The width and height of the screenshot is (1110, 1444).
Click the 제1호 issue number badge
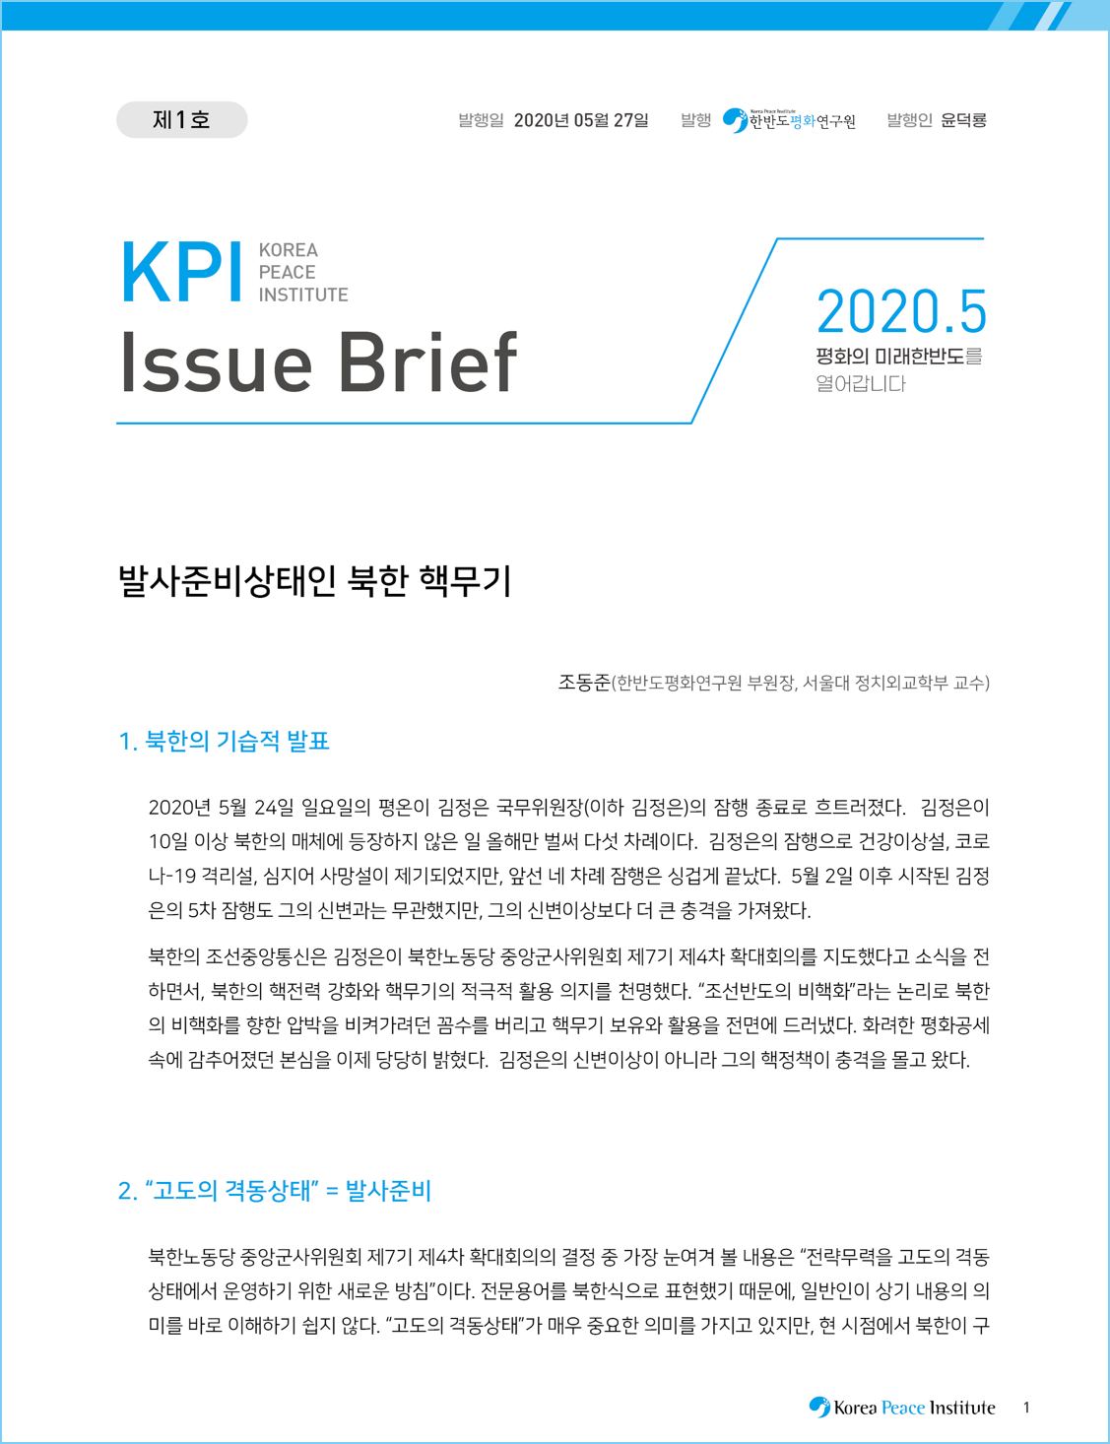(x=181, y=120)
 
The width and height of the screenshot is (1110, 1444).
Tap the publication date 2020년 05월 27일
(x=581, y=121)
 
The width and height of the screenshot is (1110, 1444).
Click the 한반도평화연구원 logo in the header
(x=790, y=120)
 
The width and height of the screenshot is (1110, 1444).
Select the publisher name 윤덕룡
(x=963, y=120)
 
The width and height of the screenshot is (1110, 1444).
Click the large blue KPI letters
(x=181, y=273)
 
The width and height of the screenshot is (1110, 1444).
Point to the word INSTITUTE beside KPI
(x=303, y=295)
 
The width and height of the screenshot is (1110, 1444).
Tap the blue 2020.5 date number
(x=900, y=312)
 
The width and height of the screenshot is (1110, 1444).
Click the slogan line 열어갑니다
(x=860, y=384)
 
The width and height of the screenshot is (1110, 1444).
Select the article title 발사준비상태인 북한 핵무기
(x=315, y=580)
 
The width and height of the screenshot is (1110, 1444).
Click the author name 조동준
(x=583, y=683)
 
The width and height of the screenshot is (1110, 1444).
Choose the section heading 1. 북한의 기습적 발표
(x=224, y=741)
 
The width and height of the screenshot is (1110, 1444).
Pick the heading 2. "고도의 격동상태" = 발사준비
(x=275, y=1191)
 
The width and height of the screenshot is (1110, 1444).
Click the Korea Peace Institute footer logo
(x=902, y=1408)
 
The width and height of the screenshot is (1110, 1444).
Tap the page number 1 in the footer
(x=1026, y=1408)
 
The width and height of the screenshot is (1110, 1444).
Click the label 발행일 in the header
(x=481, y=121)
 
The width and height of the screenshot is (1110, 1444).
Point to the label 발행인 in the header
(x=909, y=120)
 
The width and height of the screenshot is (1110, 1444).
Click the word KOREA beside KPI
(x=288, y=250)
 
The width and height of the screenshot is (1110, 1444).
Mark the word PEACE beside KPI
(x=287, y=273)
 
